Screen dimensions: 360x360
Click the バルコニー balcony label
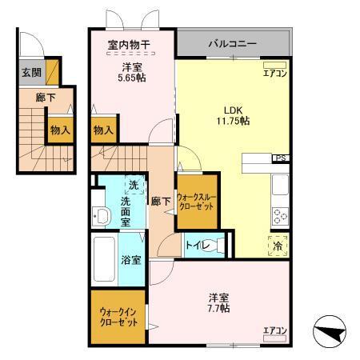pos(233,44)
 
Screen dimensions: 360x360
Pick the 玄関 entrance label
pos(30,72)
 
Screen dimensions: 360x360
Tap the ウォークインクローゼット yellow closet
pos(118,320)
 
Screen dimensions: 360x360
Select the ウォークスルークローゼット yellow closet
pos(197,196)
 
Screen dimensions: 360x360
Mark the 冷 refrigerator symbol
pos(279,247)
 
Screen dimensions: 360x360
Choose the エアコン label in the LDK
pos(274,72)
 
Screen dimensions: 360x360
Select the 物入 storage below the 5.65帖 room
pos(102,129)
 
